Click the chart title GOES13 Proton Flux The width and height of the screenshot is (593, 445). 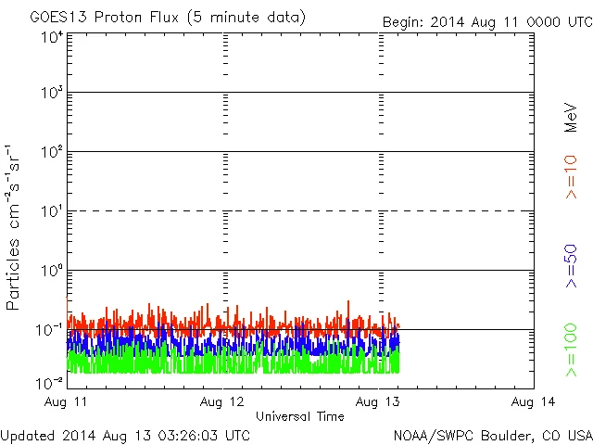(x=168, y=18)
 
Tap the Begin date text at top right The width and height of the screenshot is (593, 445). (x=486, y=21)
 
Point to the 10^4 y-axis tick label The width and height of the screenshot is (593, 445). (x=51, y=37)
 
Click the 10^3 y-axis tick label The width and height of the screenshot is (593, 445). (x=51, y=94)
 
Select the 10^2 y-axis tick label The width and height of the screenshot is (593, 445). (x=51, y=153)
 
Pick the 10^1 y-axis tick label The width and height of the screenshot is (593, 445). (x=51, y=212)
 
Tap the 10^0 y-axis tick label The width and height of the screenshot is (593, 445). (x=51, y=272)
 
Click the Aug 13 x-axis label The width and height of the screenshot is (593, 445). (x=380, y=401)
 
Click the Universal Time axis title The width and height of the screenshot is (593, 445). (x=299, y=416)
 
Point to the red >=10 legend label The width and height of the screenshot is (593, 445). (x=572, y=177)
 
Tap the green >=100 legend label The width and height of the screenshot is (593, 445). (x=572, y=351)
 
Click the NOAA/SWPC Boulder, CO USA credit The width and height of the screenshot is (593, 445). (x=492, y=434)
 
